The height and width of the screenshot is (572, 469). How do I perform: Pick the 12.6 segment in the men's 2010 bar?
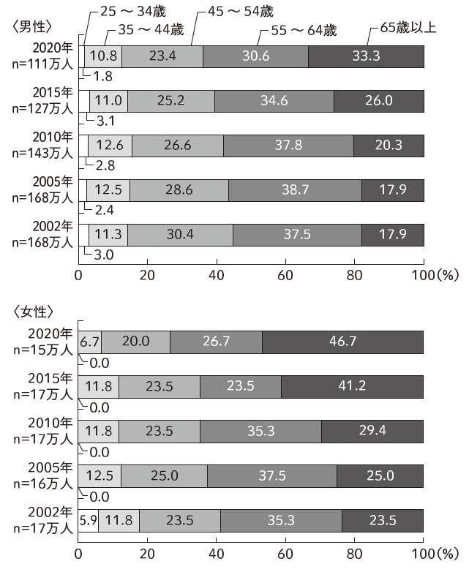110,146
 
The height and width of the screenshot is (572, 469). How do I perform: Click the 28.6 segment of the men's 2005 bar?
179,190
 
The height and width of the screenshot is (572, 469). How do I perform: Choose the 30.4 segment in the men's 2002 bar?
180,235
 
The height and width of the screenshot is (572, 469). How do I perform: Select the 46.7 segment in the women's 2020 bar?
342,342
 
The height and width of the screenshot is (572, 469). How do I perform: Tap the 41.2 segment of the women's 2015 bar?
352,386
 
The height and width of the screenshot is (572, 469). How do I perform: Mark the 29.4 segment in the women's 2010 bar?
372,431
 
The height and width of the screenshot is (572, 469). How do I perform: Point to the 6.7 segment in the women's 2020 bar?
89,342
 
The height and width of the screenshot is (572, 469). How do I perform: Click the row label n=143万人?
42,151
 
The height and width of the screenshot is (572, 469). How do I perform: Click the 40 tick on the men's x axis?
216,276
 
